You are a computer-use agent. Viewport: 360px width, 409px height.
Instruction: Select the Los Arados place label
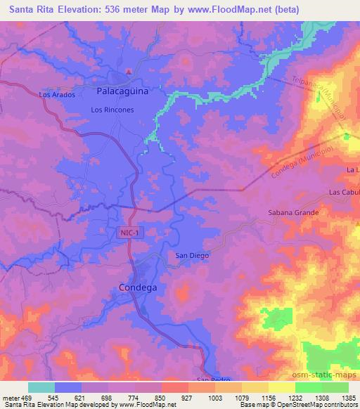click(x=57, y=94)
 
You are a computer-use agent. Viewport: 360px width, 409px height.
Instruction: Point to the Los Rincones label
click(x=112, y=110)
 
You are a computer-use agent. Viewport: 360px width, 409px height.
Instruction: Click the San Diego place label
click(x=192, y=256)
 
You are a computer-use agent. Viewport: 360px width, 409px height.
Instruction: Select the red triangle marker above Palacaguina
click(x=128, y=72)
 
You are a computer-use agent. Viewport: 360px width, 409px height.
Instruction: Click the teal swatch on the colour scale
click(x=41, y=387)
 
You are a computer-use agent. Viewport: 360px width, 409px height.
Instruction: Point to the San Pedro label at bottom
click(x=214, y=380)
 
